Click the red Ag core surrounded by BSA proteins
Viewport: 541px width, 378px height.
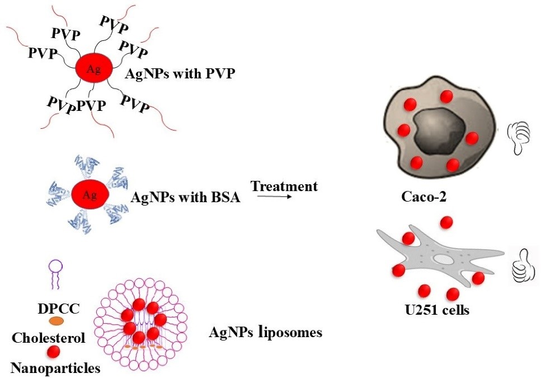pyautogui.click(x=87, y=195)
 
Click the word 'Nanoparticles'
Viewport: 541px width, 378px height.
pyautogui.click(x=55, y=368)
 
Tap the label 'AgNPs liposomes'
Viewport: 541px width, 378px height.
pyautogui.click(x=265, y=333)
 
